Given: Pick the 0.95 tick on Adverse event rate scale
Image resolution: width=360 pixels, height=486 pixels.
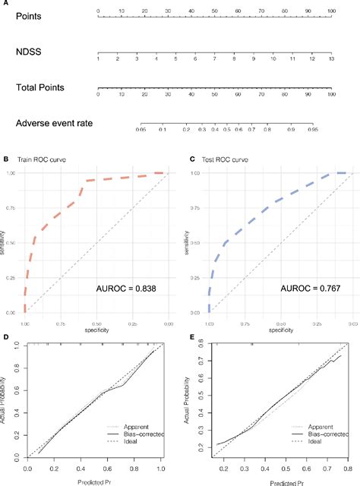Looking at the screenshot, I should [333, 131].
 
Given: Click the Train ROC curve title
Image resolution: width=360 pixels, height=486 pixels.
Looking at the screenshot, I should [37, 160].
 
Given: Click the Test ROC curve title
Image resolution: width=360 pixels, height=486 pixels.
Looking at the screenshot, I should [219, 160].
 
